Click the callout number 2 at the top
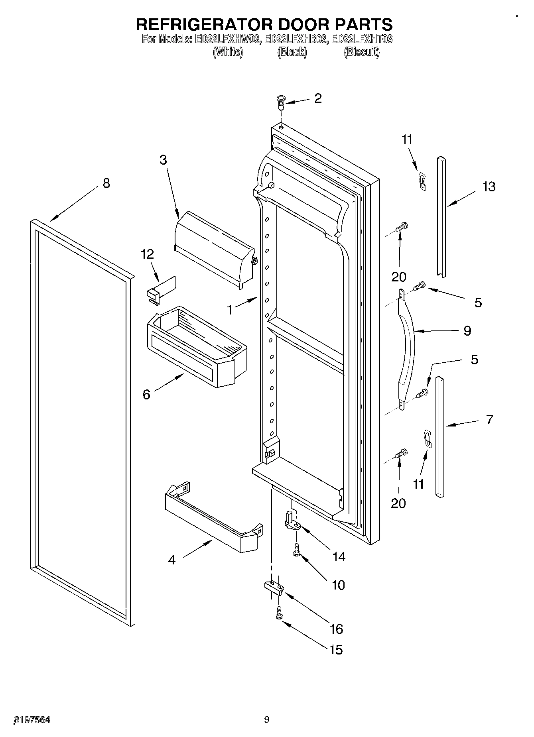tap(318, 98)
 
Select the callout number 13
tap(489, 187)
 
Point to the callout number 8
tap(106, 183)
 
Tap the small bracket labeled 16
tap(274, 587)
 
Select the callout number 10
tap(338, 585)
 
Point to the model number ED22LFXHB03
tap(296, 39)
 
